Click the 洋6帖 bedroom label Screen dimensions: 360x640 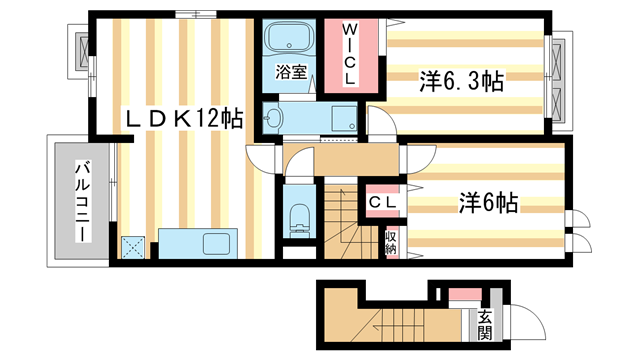487,203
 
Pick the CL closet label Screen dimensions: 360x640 385,203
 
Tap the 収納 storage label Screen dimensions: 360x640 391,242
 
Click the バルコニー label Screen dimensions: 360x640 80,204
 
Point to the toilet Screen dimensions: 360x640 299,217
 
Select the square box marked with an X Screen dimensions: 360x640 134,247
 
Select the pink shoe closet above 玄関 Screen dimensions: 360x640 464,294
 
